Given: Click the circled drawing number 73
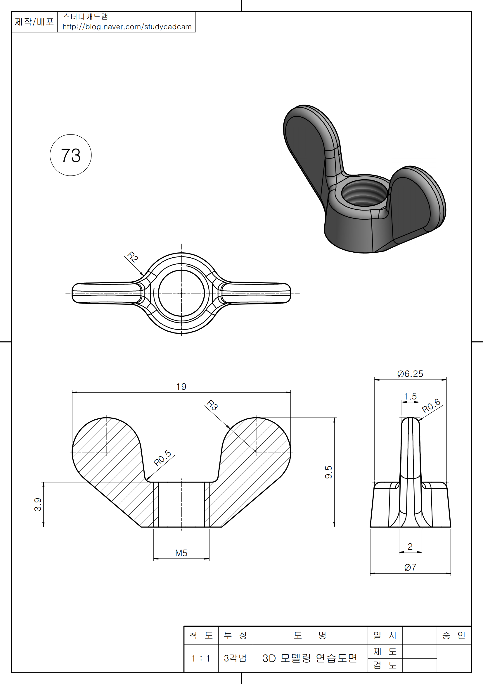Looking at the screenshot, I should pos(70,155).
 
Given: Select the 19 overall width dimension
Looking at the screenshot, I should pos(181,387).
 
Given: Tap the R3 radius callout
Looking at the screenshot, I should pos(212,405).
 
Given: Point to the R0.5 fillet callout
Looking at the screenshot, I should pos(162,458).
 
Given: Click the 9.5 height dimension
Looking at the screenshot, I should pos(328,472).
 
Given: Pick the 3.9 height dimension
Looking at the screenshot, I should pos(38,504).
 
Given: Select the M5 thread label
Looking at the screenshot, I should pos(181,553).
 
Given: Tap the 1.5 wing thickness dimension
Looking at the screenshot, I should pos(410,397).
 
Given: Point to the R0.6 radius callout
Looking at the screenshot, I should pos(431,406).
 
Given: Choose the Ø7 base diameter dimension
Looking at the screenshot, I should pos(410,568).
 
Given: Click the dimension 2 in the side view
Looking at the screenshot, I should pos(410,547).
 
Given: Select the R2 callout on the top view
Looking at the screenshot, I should pos(132,257).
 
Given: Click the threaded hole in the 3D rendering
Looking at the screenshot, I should pos(363,193).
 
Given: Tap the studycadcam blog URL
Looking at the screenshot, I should pos(127,27).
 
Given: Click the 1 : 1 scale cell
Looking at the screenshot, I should pos(201,658).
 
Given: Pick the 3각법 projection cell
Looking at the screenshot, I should pos(236,658).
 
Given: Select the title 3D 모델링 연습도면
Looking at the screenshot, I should pos(310,658).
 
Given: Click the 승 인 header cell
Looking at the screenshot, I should pos(453,635).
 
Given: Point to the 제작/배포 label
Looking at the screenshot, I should pos(34,22).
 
